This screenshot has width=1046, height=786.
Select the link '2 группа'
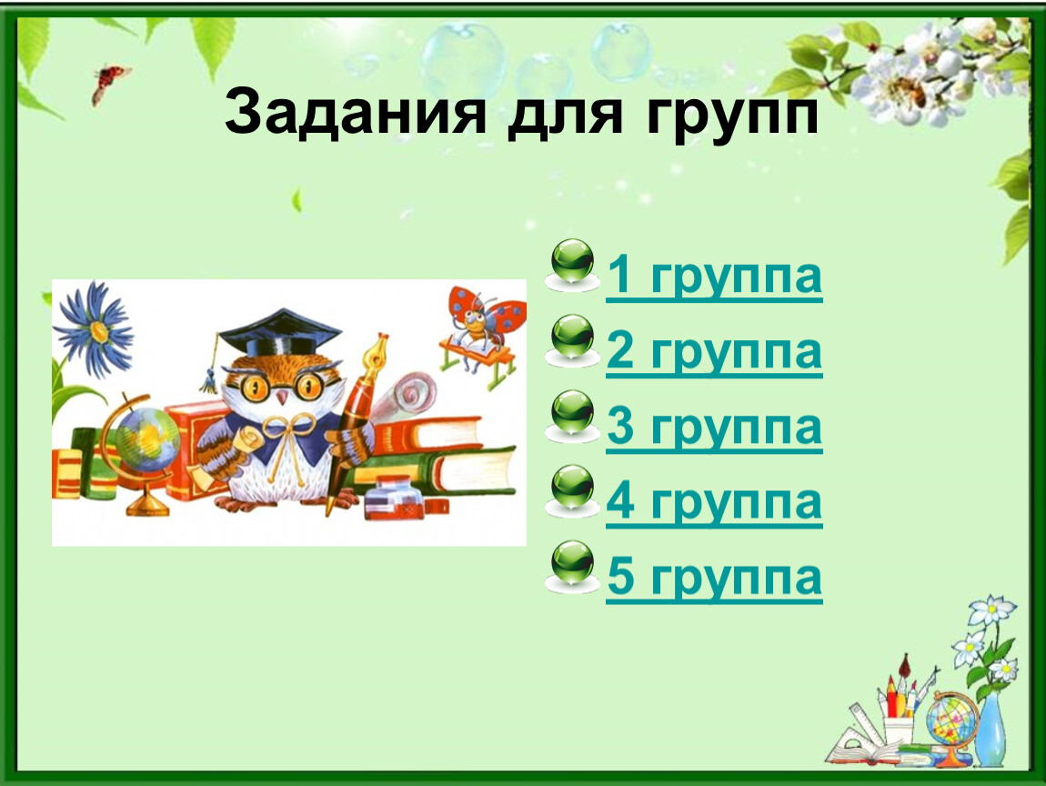tap(714, 351)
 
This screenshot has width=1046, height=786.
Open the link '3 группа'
tap(714, 427)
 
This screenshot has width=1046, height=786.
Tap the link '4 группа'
tap(714, 502)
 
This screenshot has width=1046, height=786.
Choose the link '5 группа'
tap(714, 577)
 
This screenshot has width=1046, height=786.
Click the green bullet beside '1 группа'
tap(572, 264)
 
